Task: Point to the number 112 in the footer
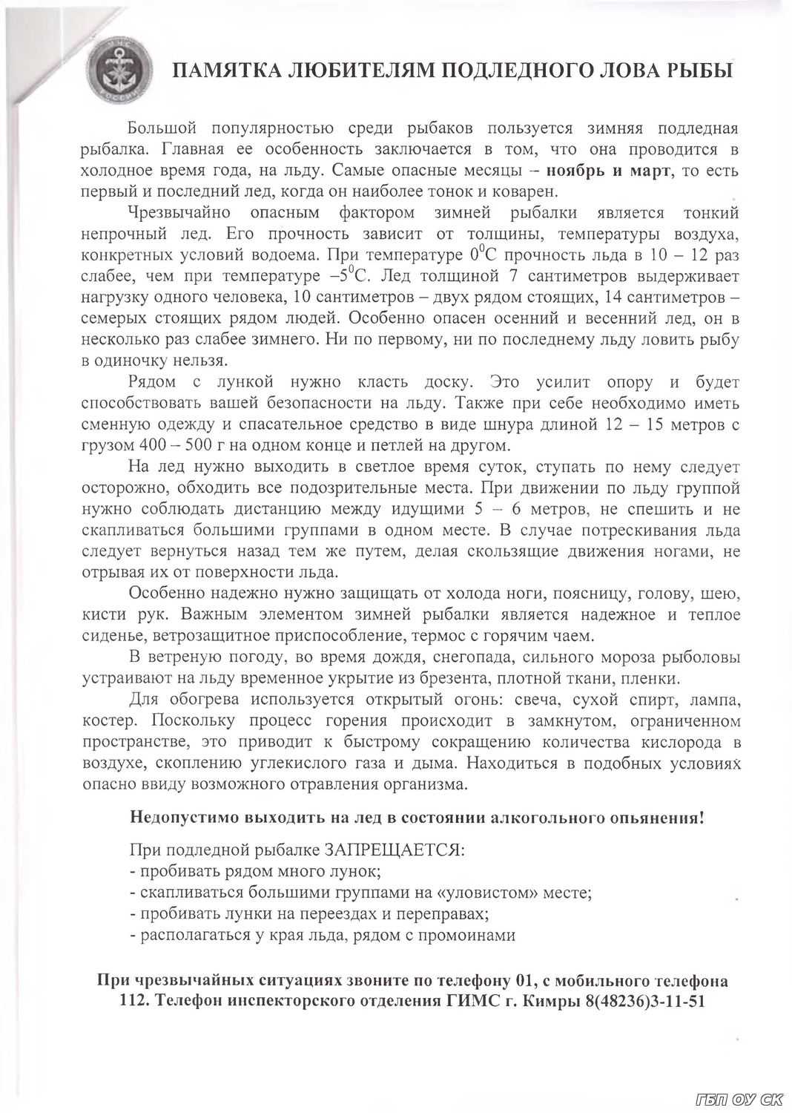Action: [x=133, y=1002]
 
